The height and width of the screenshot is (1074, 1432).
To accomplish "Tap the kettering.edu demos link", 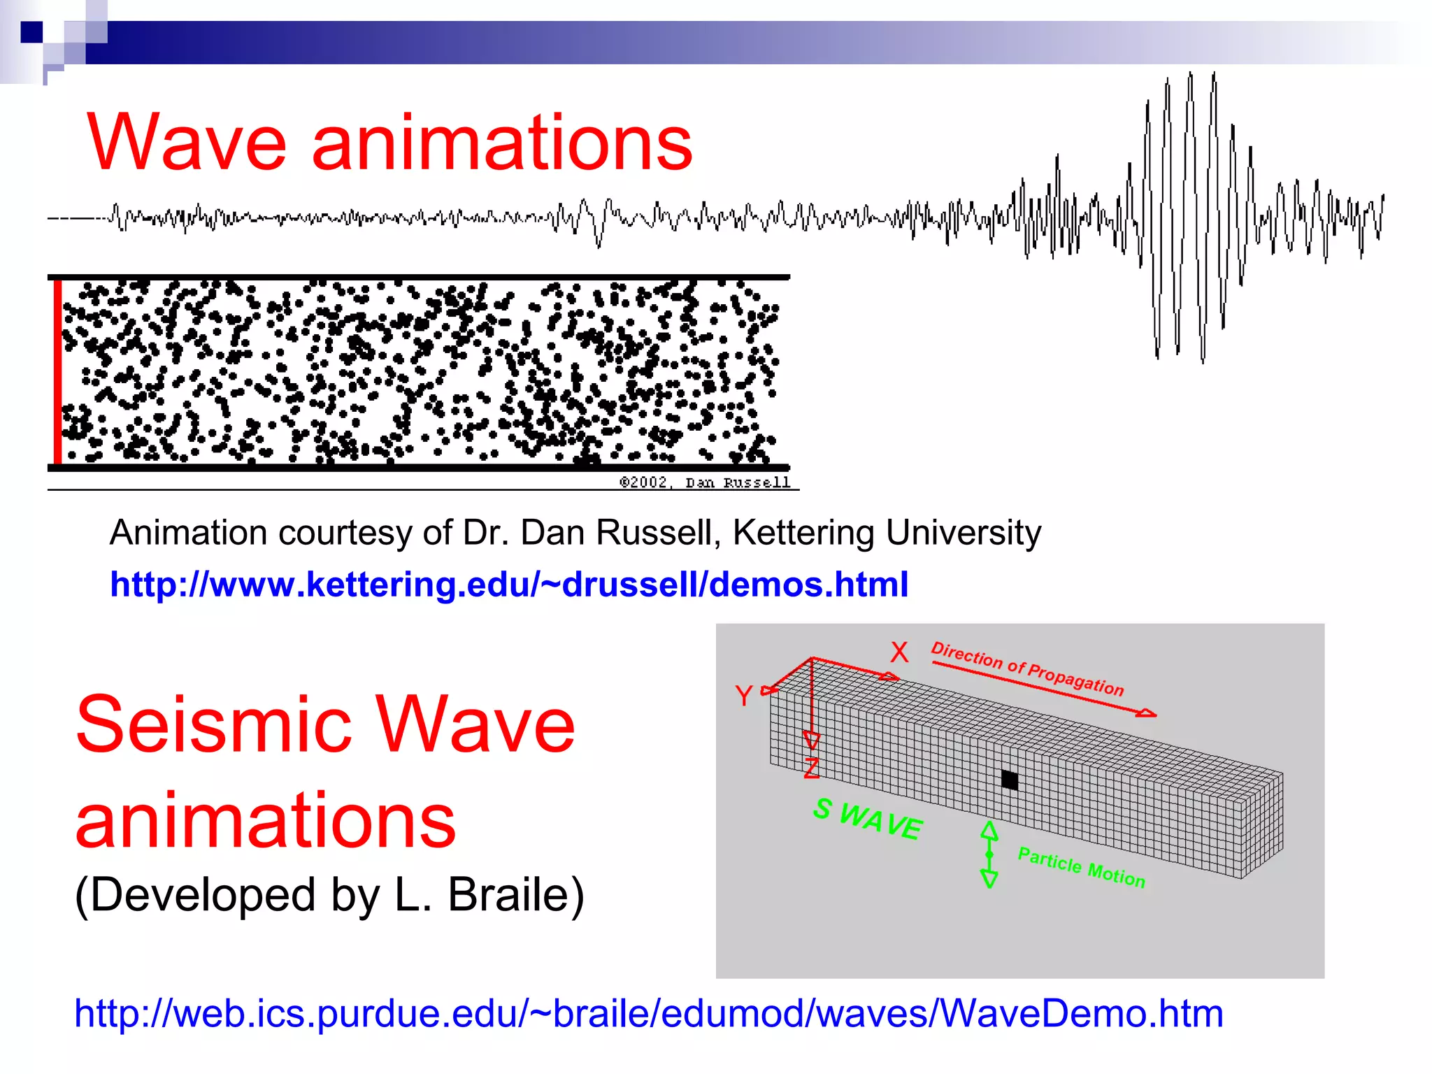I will [x=509, y=585].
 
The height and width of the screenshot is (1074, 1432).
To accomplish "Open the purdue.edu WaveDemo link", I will [x=649, y=1013].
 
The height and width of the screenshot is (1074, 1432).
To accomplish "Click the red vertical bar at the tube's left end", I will [x=57, y=371].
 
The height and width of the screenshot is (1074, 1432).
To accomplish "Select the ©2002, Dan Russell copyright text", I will [x=705, y=482].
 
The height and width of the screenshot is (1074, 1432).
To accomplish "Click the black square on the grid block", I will [x=1009, y=780].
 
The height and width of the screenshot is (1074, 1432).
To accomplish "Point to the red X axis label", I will [x=899, y=652].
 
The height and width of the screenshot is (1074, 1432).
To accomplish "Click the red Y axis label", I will [x=743, y=696].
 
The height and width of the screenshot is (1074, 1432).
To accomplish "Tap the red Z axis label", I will [x=811, y=768].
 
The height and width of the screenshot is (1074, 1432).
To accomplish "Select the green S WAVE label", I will [x=868, y=818].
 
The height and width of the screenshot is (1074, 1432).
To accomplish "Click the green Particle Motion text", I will [x=1081, y=867].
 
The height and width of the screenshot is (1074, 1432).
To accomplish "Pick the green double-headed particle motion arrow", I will [x=989, y=854].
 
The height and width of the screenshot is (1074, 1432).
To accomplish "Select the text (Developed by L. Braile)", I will [x=329, y=894].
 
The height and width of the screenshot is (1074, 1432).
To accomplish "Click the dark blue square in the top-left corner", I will [x=31, y=32].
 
